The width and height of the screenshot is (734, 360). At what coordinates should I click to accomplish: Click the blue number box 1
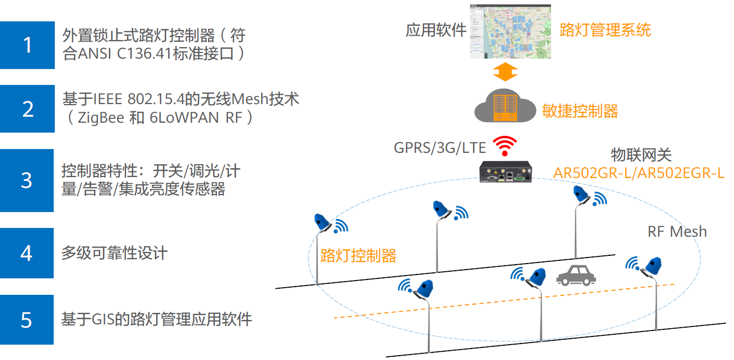pyautogui.click(x=27, y=45)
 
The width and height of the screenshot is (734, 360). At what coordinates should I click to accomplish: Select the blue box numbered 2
pyautogui.click(x=27, y=108)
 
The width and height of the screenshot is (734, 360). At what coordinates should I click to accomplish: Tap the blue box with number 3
pyautogui.click(x=27, y=180)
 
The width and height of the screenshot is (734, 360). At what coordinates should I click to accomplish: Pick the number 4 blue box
pyautogui.click(x=27, y=253)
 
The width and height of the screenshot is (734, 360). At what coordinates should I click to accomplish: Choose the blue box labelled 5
pyautogui.click(x=27, y=319)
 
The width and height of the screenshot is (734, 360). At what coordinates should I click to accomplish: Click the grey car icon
pyautogui.click(x=575, y=275)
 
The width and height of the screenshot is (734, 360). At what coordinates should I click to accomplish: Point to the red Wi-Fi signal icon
pyautogui.click(x=505, y=146)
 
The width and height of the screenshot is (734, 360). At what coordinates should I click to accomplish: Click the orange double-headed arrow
pyautogui.click(x=504, y=71)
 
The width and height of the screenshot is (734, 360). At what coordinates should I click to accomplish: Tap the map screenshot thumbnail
pyautogui.click(x=510, y=32)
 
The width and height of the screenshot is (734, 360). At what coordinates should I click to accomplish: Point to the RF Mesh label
pyautogui.click(x=677, y=232)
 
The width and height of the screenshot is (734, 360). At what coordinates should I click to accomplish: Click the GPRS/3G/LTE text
pyautogui.click(x=440, y=147)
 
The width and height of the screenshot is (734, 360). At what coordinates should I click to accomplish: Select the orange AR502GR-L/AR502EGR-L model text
pyautogui.click(x=639, y=173)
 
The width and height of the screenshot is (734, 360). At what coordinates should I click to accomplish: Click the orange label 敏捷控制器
pyautogui.click(x=580, y=111)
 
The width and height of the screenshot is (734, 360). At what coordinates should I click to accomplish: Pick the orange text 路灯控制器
pyautogui.click(x=358, y=255)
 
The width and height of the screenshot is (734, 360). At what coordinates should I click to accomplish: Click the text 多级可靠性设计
pyautogui.click(x=114, y=253)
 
